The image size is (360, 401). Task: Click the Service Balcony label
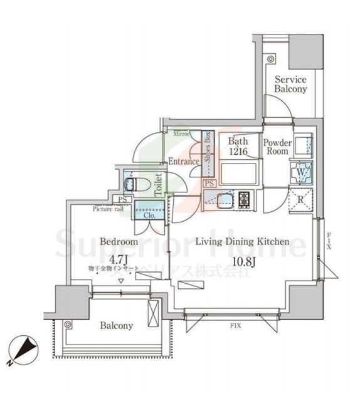click(x=290, y=85)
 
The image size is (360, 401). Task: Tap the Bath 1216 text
click(x=238, y=147)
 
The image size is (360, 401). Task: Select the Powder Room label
click(x=277, y=147)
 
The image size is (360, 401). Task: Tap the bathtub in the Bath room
click(x=236, y=172)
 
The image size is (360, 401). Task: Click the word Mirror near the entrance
click(x=181, y=134)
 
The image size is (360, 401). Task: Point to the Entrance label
click(x=184, y=162)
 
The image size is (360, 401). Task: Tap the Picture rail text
click(x=108, y=209)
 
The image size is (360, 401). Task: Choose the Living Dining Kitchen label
click(x=242, y=241)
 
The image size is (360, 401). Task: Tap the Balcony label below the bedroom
click(x=116, y=326)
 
